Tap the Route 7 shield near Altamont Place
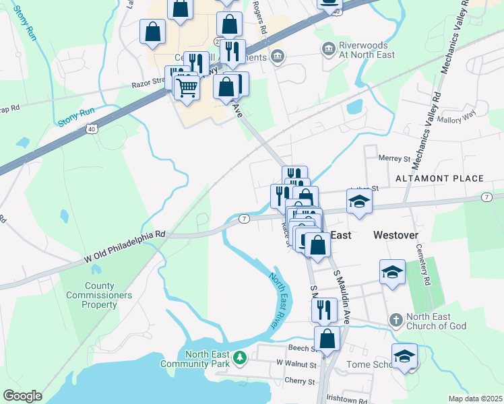point(486,196)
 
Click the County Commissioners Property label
point(90,295)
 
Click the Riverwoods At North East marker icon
point(328,48)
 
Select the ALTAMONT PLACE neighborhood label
point(439,178)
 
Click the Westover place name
point(396,235)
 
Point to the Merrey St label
point(395,159)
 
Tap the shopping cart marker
point(187,86)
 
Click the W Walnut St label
point(296,364)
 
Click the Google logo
point(22,396)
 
